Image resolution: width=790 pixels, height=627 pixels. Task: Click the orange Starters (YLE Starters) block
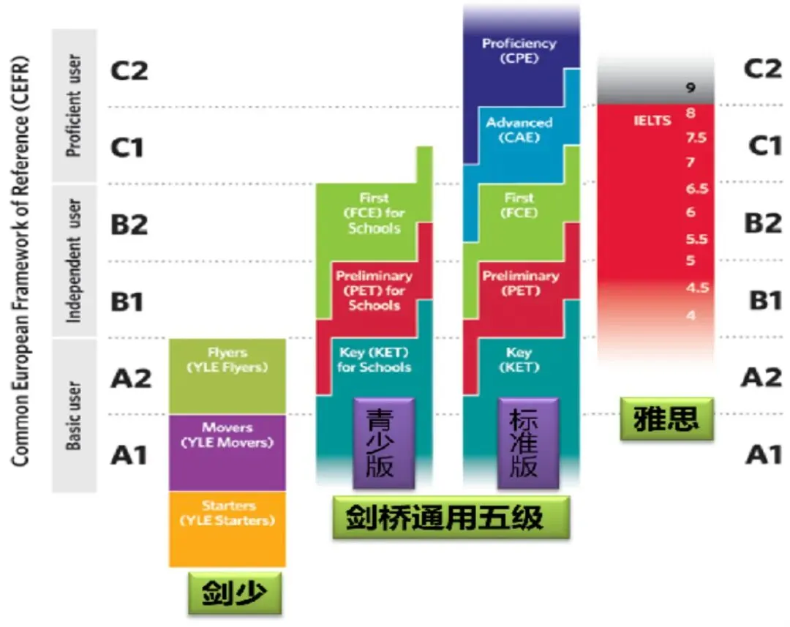pyautogui.click(x=227, y=528)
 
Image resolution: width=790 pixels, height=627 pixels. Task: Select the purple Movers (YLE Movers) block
pyautogui.click(x=227, y=451)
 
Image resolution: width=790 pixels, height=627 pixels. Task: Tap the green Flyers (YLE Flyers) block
pyautogui.click(x=227, y=375)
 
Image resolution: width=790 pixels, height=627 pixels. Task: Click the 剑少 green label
pyautogui.click(x=235, y=593)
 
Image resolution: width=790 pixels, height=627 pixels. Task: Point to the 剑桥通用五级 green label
pyautogui.click(x=450, y=518)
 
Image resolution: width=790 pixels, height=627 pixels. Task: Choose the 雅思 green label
pyautogui.click(x=666, y=418)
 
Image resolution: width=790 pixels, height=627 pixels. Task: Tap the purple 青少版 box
pyautogui.click(x=383, y=443)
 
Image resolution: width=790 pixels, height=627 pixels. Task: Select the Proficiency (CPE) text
pyautogui.click(x=519, y=50)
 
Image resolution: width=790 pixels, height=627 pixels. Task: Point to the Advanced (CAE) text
pyautogui.click(x=519, y=129)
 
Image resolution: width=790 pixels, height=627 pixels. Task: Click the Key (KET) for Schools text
pyautogui.click(x=374, y=360)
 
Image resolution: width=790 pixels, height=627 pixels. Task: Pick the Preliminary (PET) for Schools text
pyautogui.click(x=374, y=290)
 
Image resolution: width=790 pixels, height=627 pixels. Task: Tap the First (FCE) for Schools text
pyautogui.click(x=374, y=213)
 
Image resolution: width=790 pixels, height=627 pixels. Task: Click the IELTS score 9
pyautogui.click(x=690, y=89)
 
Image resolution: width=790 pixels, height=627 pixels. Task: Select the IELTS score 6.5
pyautogui.click(x=696, y=189)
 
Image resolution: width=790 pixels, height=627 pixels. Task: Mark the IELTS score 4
pyautogui.click(x=691, y=315)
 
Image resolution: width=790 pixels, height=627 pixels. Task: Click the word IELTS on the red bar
pyautogui.click(x=652, y=120)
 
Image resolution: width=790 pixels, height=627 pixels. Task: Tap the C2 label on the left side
pyautogui.click(x=129, y=70)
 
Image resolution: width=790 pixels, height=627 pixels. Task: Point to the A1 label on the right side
pyautogui.click(x=764, y=455)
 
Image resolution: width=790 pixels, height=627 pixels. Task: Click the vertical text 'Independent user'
pyautogui.click(x=74, y=260)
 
